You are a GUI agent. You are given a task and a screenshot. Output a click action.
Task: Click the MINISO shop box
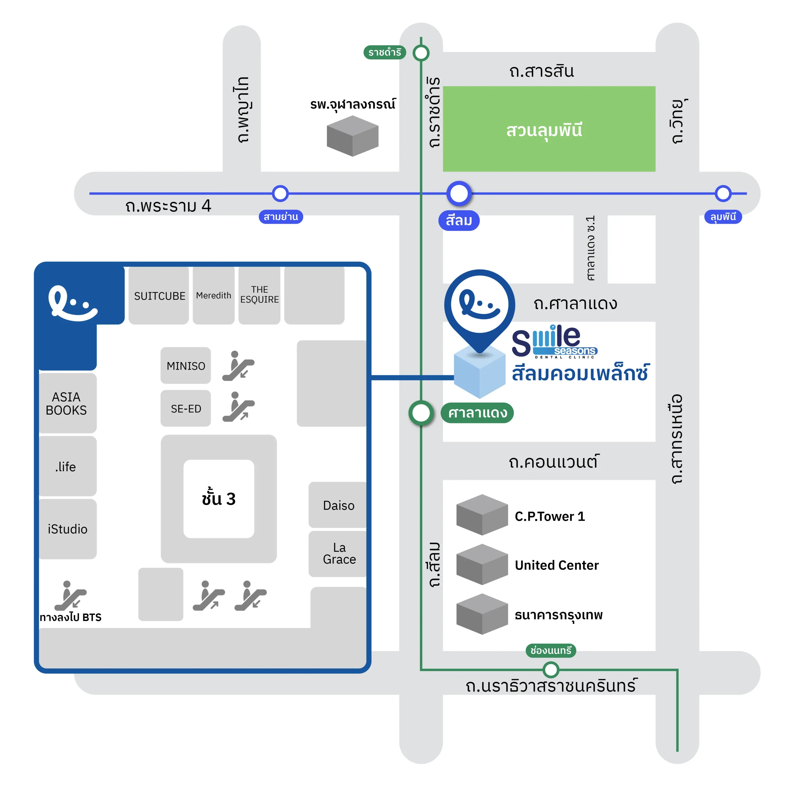[x=186, y=366]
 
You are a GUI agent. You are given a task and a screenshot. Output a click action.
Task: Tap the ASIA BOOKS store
[x=67, y=403]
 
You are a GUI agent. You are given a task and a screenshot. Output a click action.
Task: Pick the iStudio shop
[x=67, y=529]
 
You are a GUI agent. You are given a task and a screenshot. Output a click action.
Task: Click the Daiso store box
[x=338, y=505]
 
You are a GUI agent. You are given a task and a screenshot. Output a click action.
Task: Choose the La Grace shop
[x=339, y=553]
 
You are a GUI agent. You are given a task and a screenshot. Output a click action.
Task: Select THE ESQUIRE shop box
[x=259, y=295]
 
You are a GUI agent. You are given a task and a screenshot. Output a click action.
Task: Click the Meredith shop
[x=213, y=295]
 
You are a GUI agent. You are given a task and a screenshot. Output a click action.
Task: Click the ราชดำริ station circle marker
[x=421, y=53]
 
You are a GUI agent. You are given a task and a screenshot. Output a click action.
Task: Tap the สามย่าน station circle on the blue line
[x=280, y=193]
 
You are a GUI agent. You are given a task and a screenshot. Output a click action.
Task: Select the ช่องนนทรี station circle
[x=551, y=670]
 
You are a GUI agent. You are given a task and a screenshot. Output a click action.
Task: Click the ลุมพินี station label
[x=723, y=216]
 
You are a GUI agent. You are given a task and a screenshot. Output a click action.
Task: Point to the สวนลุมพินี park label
[x=544, y=130]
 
